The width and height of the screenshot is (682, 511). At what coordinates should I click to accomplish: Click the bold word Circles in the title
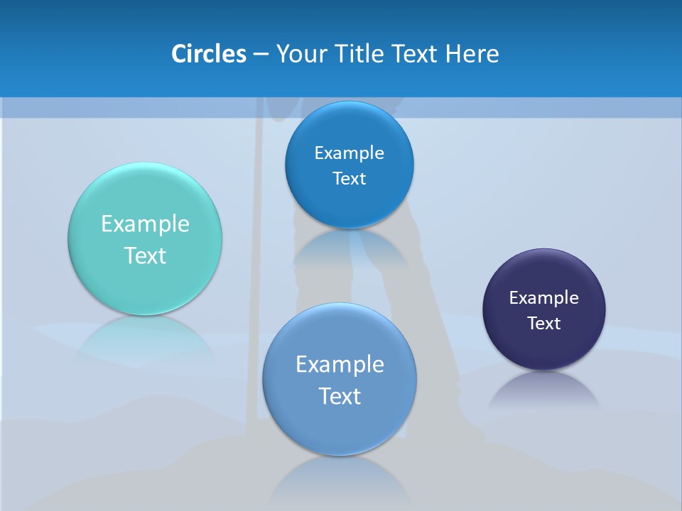209,54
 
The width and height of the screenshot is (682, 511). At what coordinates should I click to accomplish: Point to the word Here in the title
472,54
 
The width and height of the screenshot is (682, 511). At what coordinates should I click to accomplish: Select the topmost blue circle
350,128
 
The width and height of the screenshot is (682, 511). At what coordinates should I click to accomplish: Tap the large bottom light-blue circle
340,426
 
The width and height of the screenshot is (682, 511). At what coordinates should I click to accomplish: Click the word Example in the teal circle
145,224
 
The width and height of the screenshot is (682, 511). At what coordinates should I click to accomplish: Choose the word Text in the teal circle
145,255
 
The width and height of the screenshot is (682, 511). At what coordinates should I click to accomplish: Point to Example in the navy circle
544,298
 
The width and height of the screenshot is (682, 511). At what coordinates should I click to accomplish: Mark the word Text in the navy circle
544,324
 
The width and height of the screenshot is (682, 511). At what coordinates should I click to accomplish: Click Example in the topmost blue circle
350,153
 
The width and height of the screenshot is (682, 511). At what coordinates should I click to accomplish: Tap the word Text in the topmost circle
350,179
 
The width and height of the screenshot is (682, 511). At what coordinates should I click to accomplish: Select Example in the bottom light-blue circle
340,365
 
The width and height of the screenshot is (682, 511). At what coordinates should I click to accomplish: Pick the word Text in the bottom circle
340,396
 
